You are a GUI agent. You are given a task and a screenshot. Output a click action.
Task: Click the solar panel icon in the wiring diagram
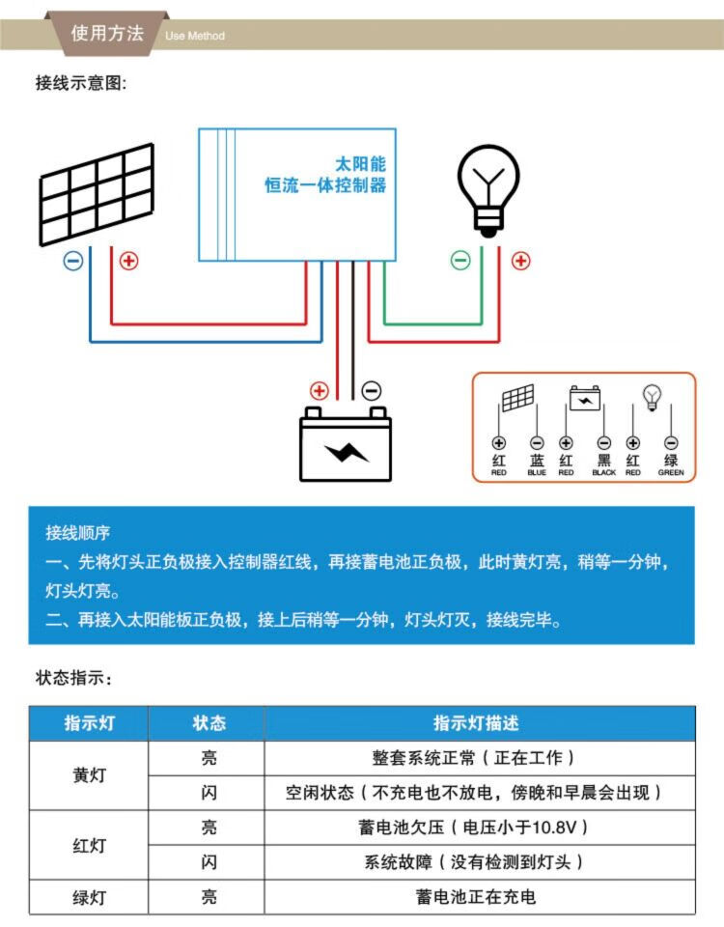97,193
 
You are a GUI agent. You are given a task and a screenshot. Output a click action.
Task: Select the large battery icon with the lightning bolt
346,444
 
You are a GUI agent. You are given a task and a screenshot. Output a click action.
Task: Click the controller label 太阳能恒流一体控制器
326,174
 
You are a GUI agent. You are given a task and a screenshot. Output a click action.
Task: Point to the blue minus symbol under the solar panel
73,261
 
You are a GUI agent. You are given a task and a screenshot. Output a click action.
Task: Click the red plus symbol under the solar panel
128,261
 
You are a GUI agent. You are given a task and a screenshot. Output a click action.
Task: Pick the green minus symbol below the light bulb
461,260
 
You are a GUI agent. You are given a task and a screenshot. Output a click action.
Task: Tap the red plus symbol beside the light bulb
520,260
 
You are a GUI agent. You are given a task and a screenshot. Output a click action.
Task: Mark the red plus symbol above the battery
319,391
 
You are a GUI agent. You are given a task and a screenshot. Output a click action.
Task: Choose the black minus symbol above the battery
372,391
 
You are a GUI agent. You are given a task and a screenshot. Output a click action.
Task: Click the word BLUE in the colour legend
537,473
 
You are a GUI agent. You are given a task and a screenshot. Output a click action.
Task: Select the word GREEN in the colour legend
671,473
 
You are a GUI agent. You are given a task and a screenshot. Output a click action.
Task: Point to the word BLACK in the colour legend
604,473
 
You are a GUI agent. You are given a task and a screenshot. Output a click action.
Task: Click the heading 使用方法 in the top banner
107,33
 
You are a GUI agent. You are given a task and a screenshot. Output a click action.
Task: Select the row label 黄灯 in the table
89,775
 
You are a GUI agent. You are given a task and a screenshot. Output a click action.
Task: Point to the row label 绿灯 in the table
89,897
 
